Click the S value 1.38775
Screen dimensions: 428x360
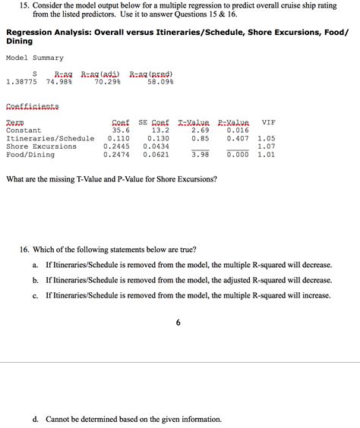click(x=21, y=82)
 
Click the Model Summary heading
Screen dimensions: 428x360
click(x=35, y=58)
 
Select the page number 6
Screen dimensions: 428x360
click(x=178, y=323)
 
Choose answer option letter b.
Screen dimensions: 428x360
click(x=36, y=280)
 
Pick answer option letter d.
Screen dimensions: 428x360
click(x=36, y=419)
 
